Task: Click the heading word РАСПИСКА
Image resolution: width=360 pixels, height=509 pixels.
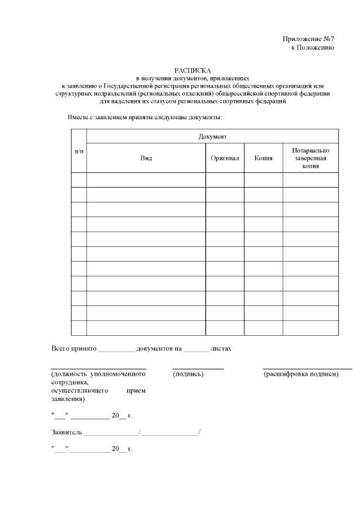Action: click(x=192, y=70)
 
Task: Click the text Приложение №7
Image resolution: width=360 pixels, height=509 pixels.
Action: click(x=308, y=39)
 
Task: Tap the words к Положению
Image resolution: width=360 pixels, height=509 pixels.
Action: click(x=313, y=48)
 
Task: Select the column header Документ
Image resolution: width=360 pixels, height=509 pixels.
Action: click(x=212, y=137)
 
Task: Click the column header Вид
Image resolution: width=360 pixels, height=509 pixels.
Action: click(x=146, y=159)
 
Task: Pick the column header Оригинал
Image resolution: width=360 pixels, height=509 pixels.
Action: click(x=224, y=159)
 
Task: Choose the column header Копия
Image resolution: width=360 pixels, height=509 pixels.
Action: click(x=263, y=159)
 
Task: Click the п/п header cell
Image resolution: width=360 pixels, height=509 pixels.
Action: click(x=79, y=151)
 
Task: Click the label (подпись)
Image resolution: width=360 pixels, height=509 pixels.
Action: click(x=188, y=374)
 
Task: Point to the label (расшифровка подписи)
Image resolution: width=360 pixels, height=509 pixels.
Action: click(x=300, y=374)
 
